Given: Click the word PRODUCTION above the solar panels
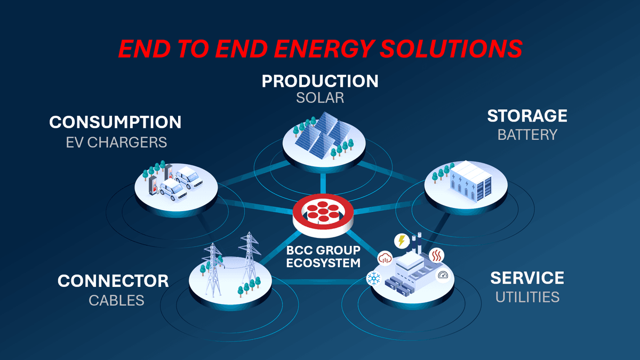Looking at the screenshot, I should [320, 81].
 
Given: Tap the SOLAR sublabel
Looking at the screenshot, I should [320, 98].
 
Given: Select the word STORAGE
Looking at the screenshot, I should [527, 116].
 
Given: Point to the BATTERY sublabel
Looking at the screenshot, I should [527, 134].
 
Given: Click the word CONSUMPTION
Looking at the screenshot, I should [115, 122].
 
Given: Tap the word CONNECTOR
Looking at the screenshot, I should [113, 281].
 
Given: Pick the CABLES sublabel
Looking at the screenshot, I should [116, 300].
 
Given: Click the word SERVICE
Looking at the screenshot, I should [527, 278].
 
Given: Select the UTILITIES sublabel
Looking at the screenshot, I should [527, 297].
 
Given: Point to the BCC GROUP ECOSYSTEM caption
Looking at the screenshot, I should [323, 257].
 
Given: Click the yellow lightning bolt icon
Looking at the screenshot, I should [401, 241].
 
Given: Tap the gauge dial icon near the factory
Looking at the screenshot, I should [443, 275].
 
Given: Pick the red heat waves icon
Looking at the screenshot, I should [436, 255].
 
